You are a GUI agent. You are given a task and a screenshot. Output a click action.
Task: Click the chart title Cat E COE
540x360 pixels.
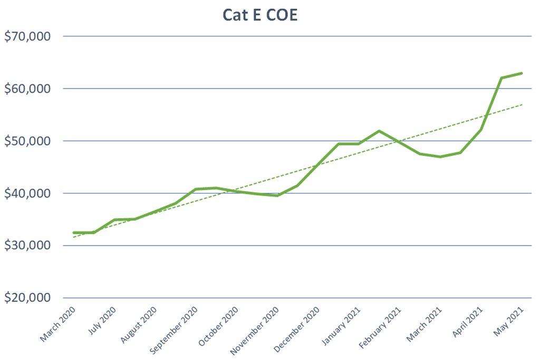[260, 15]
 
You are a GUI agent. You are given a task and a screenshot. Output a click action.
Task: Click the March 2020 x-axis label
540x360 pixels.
[58, 323]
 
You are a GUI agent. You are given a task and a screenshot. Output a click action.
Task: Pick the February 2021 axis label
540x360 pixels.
[381, 326]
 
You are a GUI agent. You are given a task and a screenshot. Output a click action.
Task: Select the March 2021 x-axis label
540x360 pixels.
[425, 323]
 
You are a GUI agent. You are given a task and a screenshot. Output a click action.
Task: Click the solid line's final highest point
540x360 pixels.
[522, 73]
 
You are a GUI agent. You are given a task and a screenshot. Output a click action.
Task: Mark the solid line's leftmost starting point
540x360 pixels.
[74, 232]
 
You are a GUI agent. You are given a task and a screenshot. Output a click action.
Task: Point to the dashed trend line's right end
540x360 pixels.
[522, 104]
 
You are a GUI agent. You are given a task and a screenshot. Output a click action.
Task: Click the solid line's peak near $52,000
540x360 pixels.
[379, 131]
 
